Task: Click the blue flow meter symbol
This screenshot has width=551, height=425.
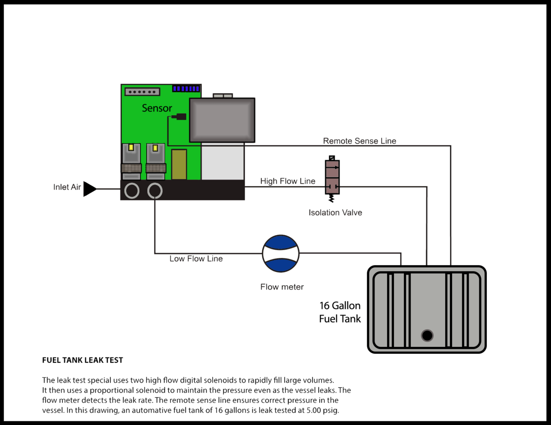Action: [281, 254]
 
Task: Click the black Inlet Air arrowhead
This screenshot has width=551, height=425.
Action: [89, 189]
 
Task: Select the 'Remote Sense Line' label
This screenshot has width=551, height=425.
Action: [359, 141]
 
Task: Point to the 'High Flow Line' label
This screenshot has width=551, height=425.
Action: [288, 181]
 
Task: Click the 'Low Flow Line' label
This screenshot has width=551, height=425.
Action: [196, 259]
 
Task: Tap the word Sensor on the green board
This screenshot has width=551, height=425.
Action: [157, 108]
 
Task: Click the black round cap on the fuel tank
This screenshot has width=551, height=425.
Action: [427, 335]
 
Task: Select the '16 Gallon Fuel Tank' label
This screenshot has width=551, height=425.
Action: [340, 312]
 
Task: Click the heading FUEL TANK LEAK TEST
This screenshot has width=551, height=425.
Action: [83, 360]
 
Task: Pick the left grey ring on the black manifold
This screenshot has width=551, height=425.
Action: [132, 191]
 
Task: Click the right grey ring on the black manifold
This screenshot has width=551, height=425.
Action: [155, 191]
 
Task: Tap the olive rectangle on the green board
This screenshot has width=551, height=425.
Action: [179, 164]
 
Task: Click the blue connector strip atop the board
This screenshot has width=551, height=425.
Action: [186, 89]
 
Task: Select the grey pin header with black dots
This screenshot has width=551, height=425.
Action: [142, 92]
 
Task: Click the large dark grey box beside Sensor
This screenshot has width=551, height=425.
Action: [222, 120]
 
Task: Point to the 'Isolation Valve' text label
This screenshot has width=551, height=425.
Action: [335, 212]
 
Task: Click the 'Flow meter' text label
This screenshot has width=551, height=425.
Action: [282, 287]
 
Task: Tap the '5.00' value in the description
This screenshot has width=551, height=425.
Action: [314, 410]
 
